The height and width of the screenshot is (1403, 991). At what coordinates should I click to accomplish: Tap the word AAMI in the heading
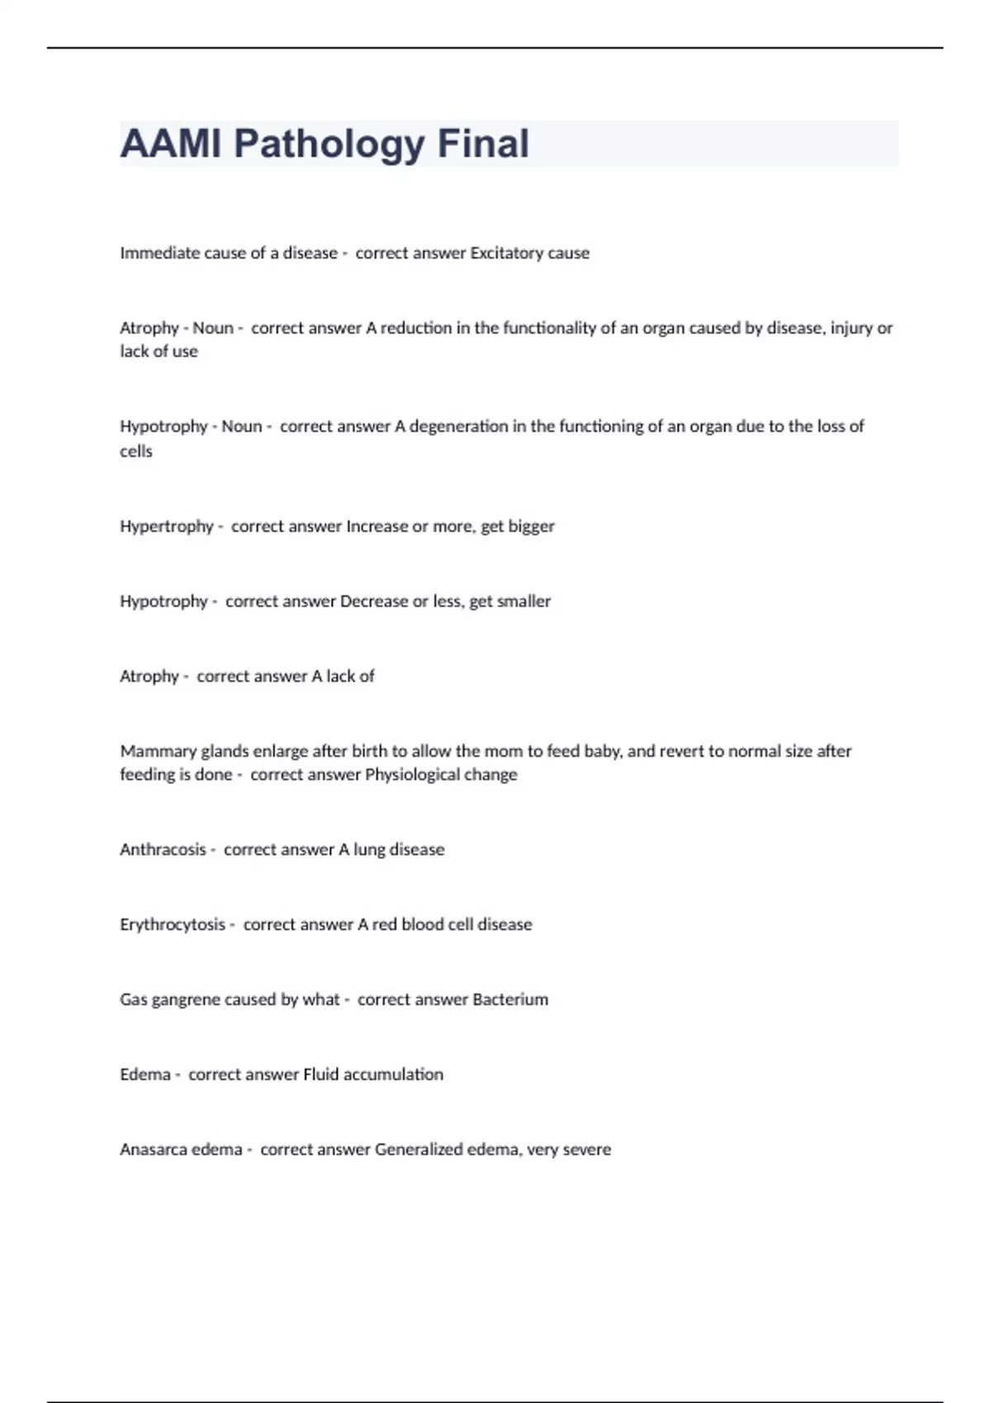point(170,144)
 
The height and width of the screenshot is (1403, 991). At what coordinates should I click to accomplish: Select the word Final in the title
point(483,144)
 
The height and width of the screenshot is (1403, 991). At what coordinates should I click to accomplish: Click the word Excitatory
point(506,253)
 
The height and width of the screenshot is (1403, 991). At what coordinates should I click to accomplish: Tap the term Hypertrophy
point(166,526)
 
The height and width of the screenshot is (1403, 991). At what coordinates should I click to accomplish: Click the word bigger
point(530,526)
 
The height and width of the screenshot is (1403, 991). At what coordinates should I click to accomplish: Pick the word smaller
point(524,601)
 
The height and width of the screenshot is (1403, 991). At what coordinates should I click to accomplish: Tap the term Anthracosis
point(163,849)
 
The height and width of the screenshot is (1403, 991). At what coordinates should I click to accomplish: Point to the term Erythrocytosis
point(172,924)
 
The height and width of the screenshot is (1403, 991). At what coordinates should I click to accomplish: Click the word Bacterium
point(510,999)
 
